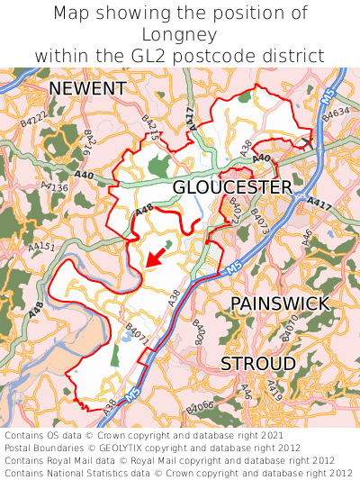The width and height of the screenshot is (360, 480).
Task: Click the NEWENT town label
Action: (87, 88)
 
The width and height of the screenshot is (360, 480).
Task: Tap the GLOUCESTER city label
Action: (232, 186)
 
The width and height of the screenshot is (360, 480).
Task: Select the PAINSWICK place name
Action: (280, 303)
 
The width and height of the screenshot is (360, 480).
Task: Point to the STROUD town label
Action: (258, 363)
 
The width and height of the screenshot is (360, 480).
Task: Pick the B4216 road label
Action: (90, 143)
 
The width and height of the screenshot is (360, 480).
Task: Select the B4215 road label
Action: (150, 126)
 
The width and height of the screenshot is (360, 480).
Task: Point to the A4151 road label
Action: (40, 246)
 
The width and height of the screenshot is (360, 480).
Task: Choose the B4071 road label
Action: (137, 334)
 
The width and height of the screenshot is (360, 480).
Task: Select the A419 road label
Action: (274, 390)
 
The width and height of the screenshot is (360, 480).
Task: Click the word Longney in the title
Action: (180, 34)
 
